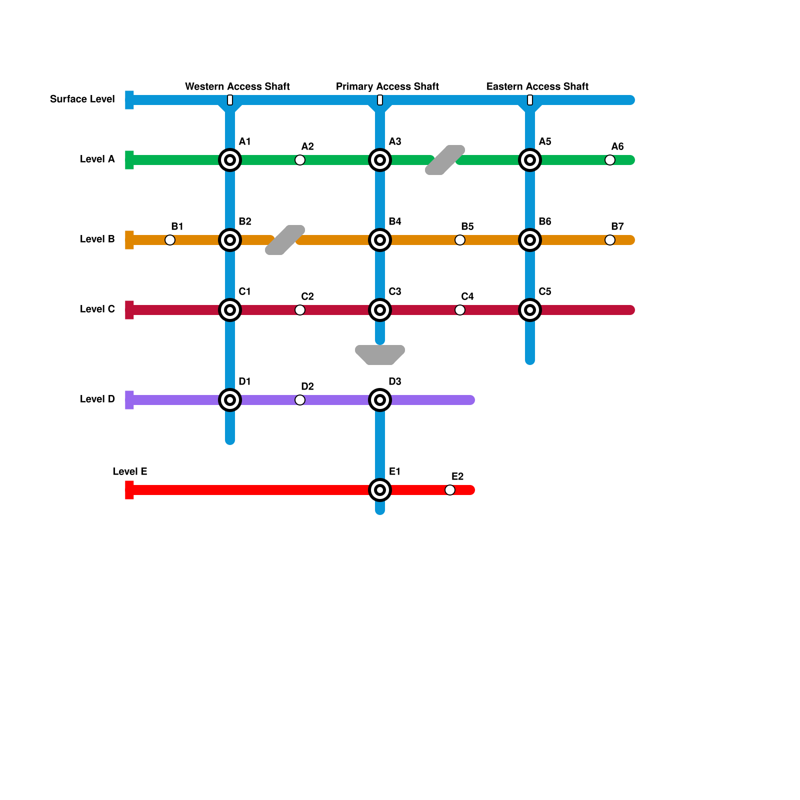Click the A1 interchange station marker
230,160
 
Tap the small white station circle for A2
300,160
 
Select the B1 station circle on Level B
170,240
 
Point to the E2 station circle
450,490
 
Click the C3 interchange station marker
380,310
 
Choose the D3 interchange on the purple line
380,400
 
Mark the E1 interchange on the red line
380,490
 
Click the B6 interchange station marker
530,240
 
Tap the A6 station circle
610,160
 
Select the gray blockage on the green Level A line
445,160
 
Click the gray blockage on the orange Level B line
285,240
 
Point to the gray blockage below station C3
380,355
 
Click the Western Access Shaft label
237,86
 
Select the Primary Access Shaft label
387,86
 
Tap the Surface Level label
82,99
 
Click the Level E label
129,471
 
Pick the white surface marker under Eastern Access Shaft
530,100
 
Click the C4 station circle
460,310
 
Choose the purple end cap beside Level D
129,400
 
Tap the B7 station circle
610,240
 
